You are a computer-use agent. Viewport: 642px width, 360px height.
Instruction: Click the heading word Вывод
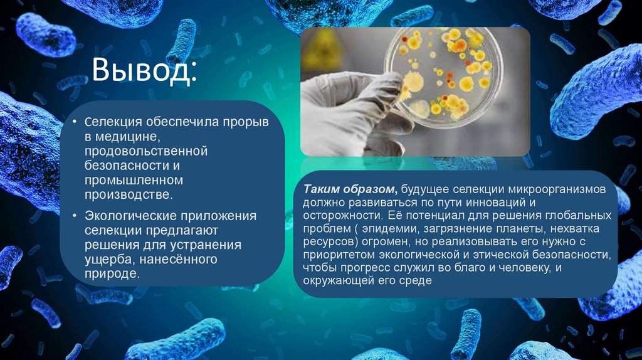click(144, 71)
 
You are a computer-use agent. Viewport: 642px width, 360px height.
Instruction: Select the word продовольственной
click(146, 151)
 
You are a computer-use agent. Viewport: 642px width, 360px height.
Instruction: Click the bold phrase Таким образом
click(350, 189)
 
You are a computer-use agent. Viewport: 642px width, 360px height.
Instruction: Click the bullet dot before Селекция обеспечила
click(75, 122)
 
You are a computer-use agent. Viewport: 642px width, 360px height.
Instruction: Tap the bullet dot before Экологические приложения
click(75, 216)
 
